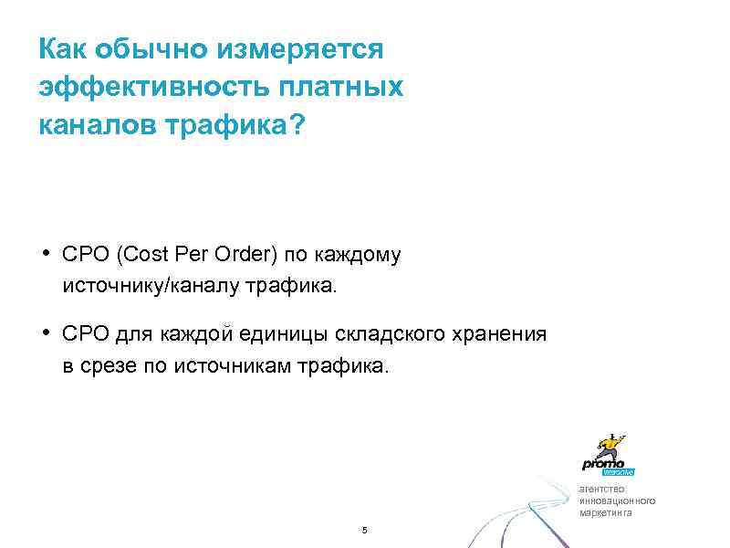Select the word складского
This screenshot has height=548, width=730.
(389, 334)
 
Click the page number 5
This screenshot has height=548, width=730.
(364, 531)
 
